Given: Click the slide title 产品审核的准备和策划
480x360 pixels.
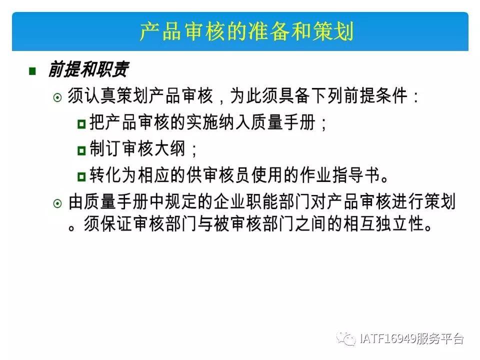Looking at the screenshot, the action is (246, 31).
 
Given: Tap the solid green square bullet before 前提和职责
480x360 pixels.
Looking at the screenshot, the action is (32, 71).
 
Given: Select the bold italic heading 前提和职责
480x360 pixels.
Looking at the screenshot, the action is (88, 69).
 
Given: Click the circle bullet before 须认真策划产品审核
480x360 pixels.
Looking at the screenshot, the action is (57, 97).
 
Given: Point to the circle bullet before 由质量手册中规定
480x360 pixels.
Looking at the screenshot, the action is (57, 203).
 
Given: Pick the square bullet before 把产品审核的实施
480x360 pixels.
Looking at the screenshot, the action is (81, 124).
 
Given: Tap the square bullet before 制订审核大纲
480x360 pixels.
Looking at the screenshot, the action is (81, 150).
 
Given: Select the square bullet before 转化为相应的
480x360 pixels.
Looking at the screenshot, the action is (81, 176).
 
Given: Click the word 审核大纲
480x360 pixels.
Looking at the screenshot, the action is (154, 149).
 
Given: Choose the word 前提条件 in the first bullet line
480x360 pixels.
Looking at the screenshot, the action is (376, 96).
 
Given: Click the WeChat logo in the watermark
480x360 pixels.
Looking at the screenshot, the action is (346, 338).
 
